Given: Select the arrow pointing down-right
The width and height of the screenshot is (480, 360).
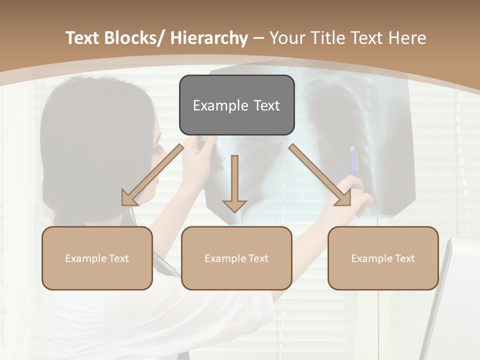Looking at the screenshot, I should tap(320, 175).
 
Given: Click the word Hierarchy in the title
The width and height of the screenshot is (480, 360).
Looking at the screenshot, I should tap(208, 38).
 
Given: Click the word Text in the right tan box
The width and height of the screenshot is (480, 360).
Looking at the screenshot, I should tap(404, 258).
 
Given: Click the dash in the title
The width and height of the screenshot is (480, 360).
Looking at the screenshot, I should tap(258, 38).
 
